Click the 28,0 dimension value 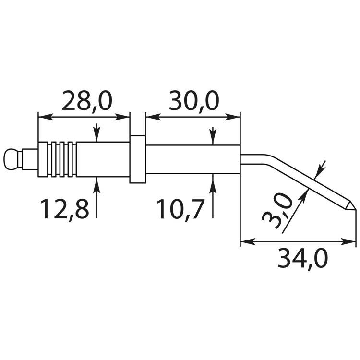click(x=87, y=101)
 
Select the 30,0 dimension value click(x=194, y=101)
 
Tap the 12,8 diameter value click(x=65, y=209)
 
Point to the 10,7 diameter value click(x=180, y=209)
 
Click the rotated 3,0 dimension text click(x=277, y=211)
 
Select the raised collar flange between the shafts click(x=138, y=159)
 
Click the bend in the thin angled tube click(x=269, y=159)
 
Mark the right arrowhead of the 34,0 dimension click(x=348, y=241)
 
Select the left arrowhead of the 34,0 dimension click(x=248, y=241)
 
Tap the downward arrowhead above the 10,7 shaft click(x=213, y=138)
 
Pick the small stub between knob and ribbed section click(x=30, y=159)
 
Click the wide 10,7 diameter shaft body click(x=193, y=159)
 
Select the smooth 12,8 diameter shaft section click(x=103, y=159)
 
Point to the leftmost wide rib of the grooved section click(x=43, y=159)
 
